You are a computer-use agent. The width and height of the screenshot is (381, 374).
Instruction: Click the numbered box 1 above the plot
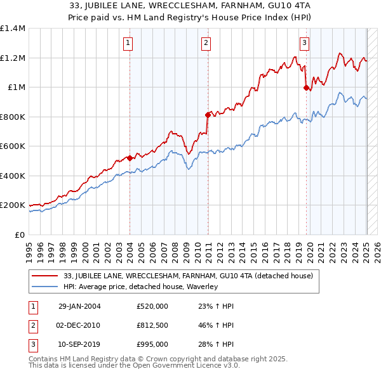coord(128,43)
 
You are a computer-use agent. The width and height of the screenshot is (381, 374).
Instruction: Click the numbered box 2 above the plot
coord(206,43)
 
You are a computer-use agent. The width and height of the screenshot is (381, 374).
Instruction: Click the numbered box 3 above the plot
coord(305,43)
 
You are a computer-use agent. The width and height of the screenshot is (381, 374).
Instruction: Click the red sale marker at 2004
coord(130,158)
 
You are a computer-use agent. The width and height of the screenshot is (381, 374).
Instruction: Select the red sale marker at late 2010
coord(208,115)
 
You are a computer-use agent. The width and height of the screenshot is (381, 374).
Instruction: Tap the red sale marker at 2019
coord(306,88)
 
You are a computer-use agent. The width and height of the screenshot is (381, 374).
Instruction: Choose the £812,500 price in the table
coord(152,325)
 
